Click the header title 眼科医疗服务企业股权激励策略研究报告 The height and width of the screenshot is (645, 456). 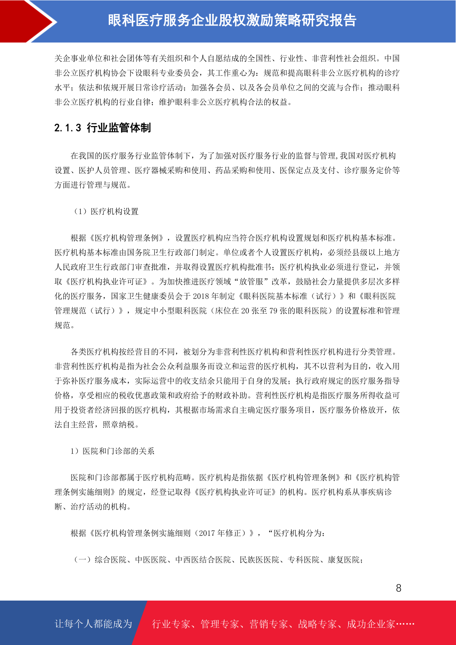232,20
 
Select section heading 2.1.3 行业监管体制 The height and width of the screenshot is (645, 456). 103,128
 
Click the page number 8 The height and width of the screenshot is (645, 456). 399,588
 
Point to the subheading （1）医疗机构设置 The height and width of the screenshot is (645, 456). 106,211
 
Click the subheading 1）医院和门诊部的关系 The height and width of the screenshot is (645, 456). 112,451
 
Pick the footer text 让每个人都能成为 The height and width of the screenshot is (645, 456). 93,624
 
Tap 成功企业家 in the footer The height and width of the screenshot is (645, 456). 371,624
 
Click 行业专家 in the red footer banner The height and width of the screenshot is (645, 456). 171,624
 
